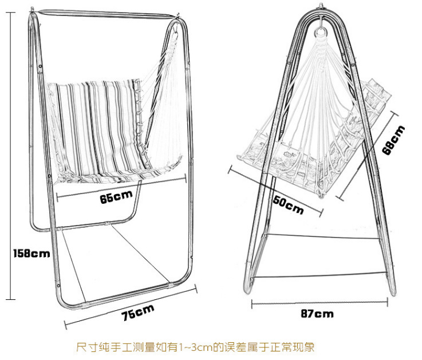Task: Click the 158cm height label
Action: coord(31,252)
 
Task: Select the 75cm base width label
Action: coord(138,311)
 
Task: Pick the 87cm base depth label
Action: coord(317,314)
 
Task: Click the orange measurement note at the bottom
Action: coord(196,347)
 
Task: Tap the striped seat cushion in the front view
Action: coord(97,129)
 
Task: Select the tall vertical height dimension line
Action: coord(9,155)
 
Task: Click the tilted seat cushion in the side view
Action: coord(298,155)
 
